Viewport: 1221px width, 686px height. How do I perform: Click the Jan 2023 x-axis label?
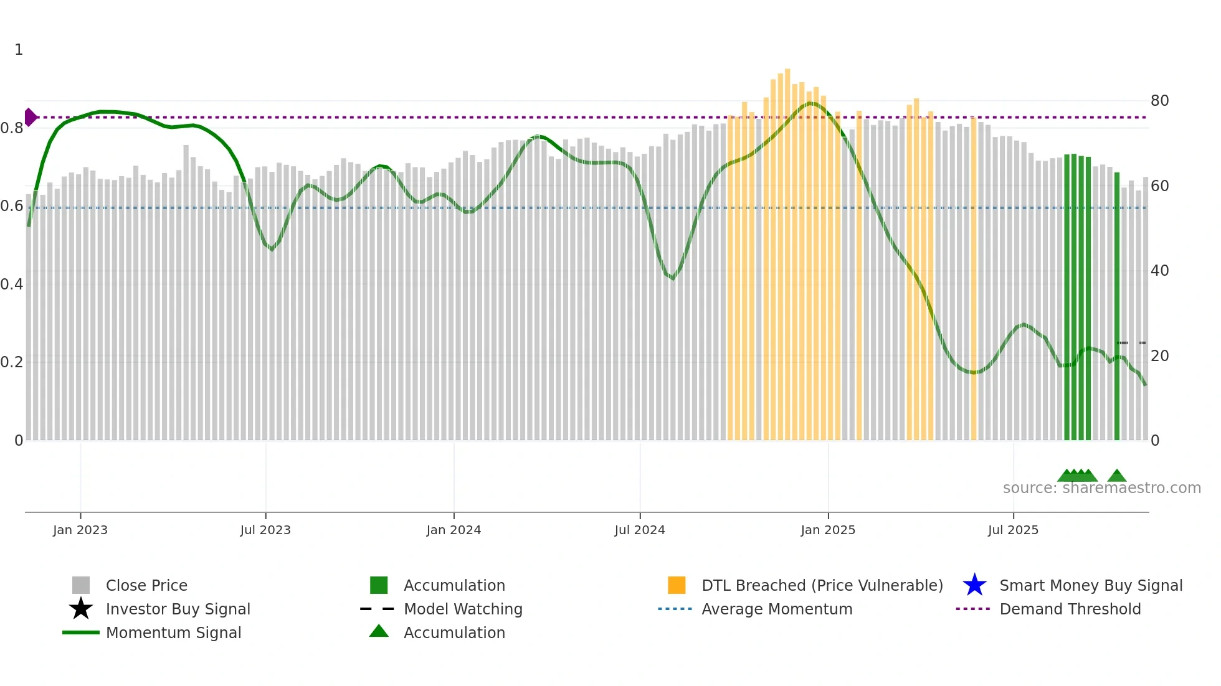pos(80,530)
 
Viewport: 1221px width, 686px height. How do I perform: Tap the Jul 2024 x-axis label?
pos(640,530)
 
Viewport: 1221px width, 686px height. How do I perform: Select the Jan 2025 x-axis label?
pos(828,530)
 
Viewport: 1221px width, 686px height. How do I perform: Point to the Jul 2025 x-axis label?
pos(1013,530)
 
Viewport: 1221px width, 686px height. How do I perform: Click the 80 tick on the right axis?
pos(1159,101)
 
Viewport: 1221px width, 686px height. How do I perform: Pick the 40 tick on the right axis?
pos(1159,271)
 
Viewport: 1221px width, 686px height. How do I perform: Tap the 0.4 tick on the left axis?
pos(12,284)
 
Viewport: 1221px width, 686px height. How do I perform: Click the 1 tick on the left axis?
pos(19,50)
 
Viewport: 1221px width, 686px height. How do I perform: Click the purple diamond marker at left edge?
pos(30,117)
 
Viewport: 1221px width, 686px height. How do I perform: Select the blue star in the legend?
pos(974,585)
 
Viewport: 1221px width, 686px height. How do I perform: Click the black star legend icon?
pos(81,609)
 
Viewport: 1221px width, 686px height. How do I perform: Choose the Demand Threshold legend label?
pos(1070,609)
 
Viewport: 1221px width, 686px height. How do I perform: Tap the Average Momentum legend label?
pos(777,609)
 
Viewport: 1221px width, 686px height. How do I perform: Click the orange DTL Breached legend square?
pos(677,585)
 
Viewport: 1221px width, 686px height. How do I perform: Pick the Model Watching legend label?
pos(463,609)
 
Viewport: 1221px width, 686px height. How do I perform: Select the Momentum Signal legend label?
pos(173,632)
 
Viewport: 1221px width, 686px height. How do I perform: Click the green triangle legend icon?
pos(379,631)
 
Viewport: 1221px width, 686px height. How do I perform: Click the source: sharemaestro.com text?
pos(1101,488)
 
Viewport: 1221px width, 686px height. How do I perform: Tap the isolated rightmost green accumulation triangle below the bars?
pos(1116,476)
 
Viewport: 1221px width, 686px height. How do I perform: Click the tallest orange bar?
pos(787,249)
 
